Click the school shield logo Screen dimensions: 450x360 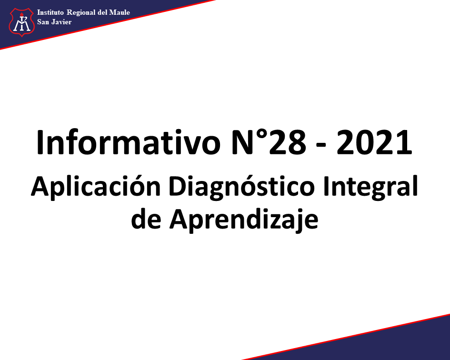pos(21,22)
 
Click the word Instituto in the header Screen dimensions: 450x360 pos(50,12)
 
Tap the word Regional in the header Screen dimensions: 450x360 pos(81,13)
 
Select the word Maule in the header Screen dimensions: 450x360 pos(120,12)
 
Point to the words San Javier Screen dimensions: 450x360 pos(54,22)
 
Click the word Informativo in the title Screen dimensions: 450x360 pos(128,142)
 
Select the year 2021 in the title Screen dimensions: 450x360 pos(374,143)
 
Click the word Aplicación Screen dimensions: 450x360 pos(96,187)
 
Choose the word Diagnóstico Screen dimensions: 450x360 pos(241,187)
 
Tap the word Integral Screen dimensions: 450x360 pos(370,187)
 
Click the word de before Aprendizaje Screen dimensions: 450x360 pos(146,219)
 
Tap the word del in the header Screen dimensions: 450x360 pos(102,12)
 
